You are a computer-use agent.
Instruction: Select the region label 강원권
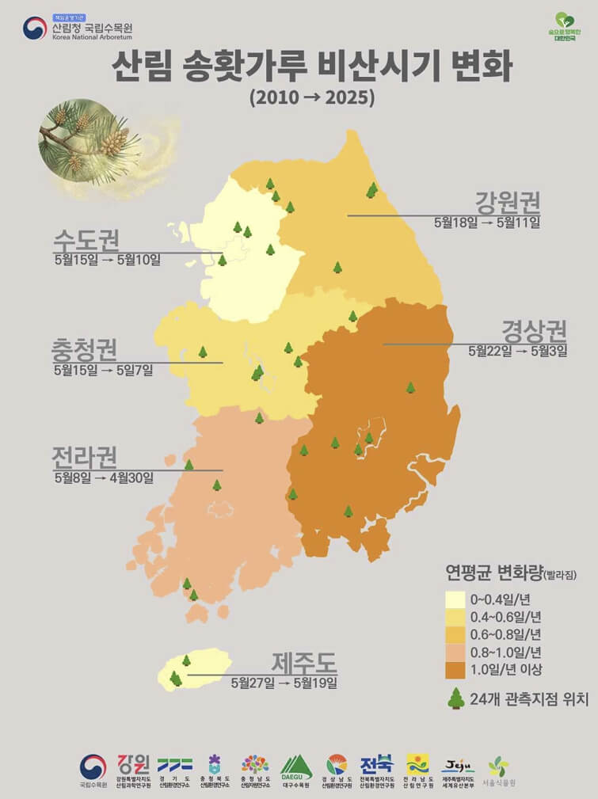pyautogui.click(x=506, y=200)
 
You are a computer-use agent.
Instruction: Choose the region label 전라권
pyautogui.click(x=85, y=457)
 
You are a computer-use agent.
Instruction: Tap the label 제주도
pyautogui.click(x=304, y=660)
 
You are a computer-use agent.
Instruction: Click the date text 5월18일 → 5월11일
pyautogui.click(x=486, y=223)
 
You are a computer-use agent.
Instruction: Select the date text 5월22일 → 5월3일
pyautogui.click(x=517, y=351)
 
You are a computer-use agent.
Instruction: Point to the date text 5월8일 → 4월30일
pyautogui.click(x=104, y=477)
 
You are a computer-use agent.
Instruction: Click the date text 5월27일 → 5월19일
pyautogui.click(x=284, y=682)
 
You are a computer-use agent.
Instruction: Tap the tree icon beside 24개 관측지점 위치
pyautogui.click(x=456, y=698)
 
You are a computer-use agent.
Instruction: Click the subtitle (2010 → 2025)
pyautogui.click(x=311, y=99)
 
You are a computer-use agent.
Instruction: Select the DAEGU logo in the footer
pyautogui.click(x=296, y=767)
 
